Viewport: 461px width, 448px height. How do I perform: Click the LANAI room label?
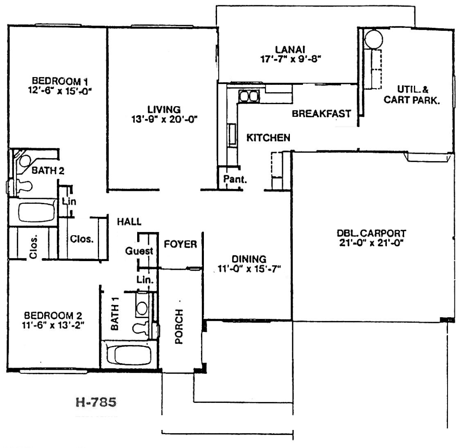(x=290, y=50)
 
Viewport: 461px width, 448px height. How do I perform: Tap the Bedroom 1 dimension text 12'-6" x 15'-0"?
(x=60, y=90)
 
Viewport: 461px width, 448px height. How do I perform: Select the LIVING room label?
(x=164, y=109)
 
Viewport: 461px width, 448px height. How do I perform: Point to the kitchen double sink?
(x=249, y=96)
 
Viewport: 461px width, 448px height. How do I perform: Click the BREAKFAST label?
(x=321, y=114)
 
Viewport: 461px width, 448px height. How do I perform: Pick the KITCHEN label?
(x=268, y=137)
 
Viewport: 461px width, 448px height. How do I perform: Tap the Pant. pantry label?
(x=235, y=179)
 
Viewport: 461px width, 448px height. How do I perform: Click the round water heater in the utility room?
(x=374, y=39)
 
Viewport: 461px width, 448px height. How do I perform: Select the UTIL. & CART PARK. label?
(x=411, y=95)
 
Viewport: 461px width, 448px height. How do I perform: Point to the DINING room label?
(x=249, y=259)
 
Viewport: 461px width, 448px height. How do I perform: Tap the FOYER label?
(x=180, y=244)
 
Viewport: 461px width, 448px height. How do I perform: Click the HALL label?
(x=129, y=221)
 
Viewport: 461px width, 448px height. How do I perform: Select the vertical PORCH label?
(x=179, y=326)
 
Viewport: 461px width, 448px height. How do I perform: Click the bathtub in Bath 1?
(x=129, y=355)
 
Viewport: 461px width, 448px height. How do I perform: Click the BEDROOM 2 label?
(x=53, y=316)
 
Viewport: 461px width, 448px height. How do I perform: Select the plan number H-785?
(x=96, y=402)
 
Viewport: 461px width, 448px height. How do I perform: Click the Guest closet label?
(x=139, y=251)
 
